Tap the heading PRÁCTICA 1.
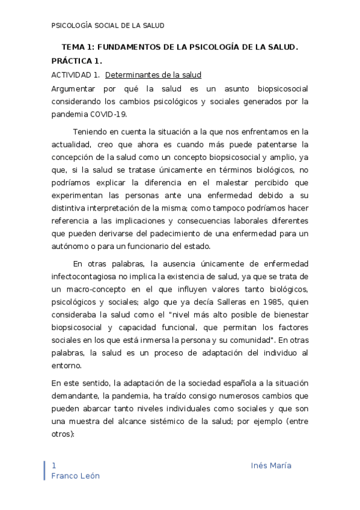point(77,61)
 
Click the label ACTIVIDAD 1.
point(75,75)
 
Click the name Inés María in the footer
point(271,466)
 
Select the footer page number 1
point(54,466)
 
